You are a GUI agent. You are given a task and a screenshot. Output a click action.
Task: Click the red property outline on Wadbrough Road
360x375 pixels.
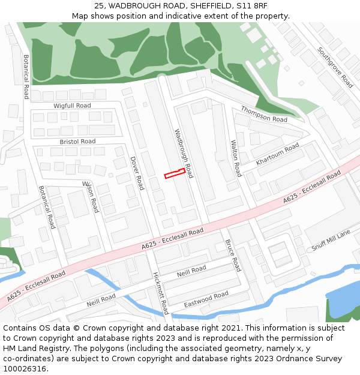(173, 174)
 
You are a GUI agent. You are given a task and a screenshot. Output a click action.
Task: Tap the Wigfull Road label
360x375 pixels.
(72, 106)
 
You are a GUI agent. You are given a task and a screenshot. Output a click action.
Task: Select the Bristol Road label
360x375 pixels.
(77, 142)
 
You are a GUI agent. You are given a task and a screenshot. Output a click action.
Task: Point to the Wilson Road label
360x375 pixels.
(90, 196)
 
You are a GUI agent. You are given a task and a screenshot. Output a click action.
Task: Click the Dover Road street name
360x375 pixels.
(137, 173)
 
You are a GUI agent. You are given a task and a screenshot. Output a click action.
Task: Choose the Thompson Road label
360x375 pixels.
(264, 113)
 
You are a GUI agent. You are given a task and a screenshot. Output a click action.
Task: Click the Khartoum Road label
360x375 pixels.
(277, 154)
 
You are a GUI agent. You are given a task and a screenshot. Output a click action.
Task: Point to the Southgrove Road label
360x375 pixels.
(335, 67)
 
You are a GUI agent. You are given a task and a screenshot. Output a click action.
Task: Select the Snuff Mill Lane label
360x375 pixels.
(331, 241)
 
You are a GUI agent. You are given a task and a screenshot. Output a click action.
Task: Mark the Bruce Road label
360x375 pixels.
(233, 256)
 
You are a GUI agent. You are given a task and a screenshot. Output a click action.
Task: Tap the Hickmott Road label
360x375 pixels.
(161, 293)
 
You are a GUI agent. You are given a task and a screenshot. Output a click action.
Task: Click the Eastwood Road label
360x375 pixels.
(206, 299)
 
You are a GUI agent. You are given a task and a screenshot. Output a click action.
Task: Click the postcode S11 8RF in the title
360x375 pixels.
(253, 6)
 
